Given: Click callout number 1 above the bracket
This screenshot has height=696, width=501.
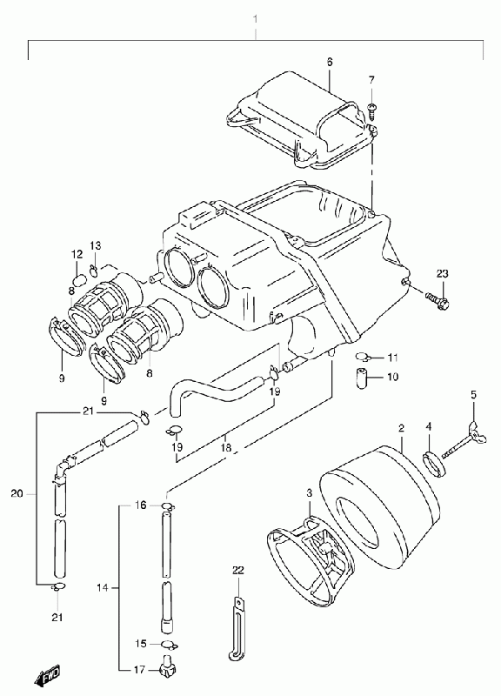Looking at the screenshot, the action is [x=255, y=19].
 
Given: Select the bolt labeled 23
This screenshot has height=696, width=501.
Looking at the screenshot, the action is [x=438, y=300].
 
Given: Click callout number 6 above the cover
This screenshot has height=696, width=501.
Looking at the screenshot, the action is [x=330, y=62].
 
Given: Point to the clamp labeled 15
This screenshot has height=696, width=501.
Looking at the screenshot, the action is [x=169, y=644].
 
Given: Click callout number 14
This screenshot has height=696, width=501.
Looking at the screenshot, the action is [x=102, y=588].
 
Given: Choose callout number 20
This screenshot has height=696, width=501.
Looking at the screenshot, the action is [x=17, y=493].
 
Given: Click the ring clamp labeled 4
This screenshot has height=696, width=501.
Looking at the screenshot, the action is [x=433, y=463].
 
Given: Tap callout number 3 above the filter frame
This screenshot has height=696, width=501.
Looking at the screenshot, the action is [x=310, y=492].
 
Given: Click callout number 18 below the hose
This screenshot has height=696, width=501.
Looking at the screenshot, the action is [x=226, y=447].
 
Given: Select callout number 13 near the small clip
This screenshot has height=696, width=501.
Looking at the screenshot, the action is [x=96, y=245].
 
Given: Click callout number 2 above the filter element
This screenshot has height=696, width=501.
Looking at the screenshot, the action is [x=401, y=428].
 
